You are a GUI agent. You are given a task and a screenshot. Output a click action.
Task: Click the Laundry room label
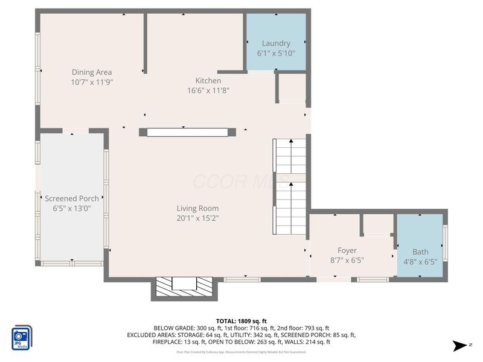point(276,43)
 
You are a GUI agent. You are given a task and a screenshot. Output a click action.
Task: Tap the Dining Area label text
point(92,72)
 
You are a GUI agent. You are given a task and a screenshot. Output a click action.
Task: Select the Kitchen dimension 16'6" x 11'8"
point(208,91)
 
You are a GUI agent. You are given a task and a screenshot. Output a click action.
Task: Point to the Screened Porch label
point(72,198)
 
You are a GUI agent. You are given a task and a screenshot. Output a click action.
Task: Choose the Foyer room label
point(347,250)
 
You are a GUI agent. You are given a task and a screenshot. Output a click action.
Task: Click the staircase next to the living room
point(291,187)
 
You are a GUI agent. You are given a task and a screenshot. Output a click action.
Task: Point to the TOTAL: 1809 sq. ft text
point(241,321)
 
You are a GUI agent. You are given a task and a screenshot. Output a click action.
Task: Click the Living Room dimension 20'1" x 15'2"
point(193,218)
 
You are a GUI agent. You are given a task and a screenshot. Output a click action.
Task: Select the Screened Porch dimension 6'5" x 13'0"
point(72,208)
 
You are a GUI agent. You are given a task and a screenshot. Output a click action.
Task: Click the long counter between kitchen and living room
point(187,132)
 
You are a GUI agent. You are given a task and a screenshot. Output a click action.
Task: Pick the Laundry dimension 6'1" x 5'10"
point(276,53)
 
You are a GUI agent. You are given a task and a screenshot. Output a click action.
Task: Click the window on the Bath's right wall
point(445,243)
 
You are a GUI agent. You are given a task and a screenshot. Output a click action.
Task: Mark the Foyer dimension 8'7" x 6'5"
point(347,261)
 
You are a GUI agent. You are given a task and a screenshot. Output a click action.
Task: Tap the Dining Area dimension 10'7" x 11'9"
point(92,82)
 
